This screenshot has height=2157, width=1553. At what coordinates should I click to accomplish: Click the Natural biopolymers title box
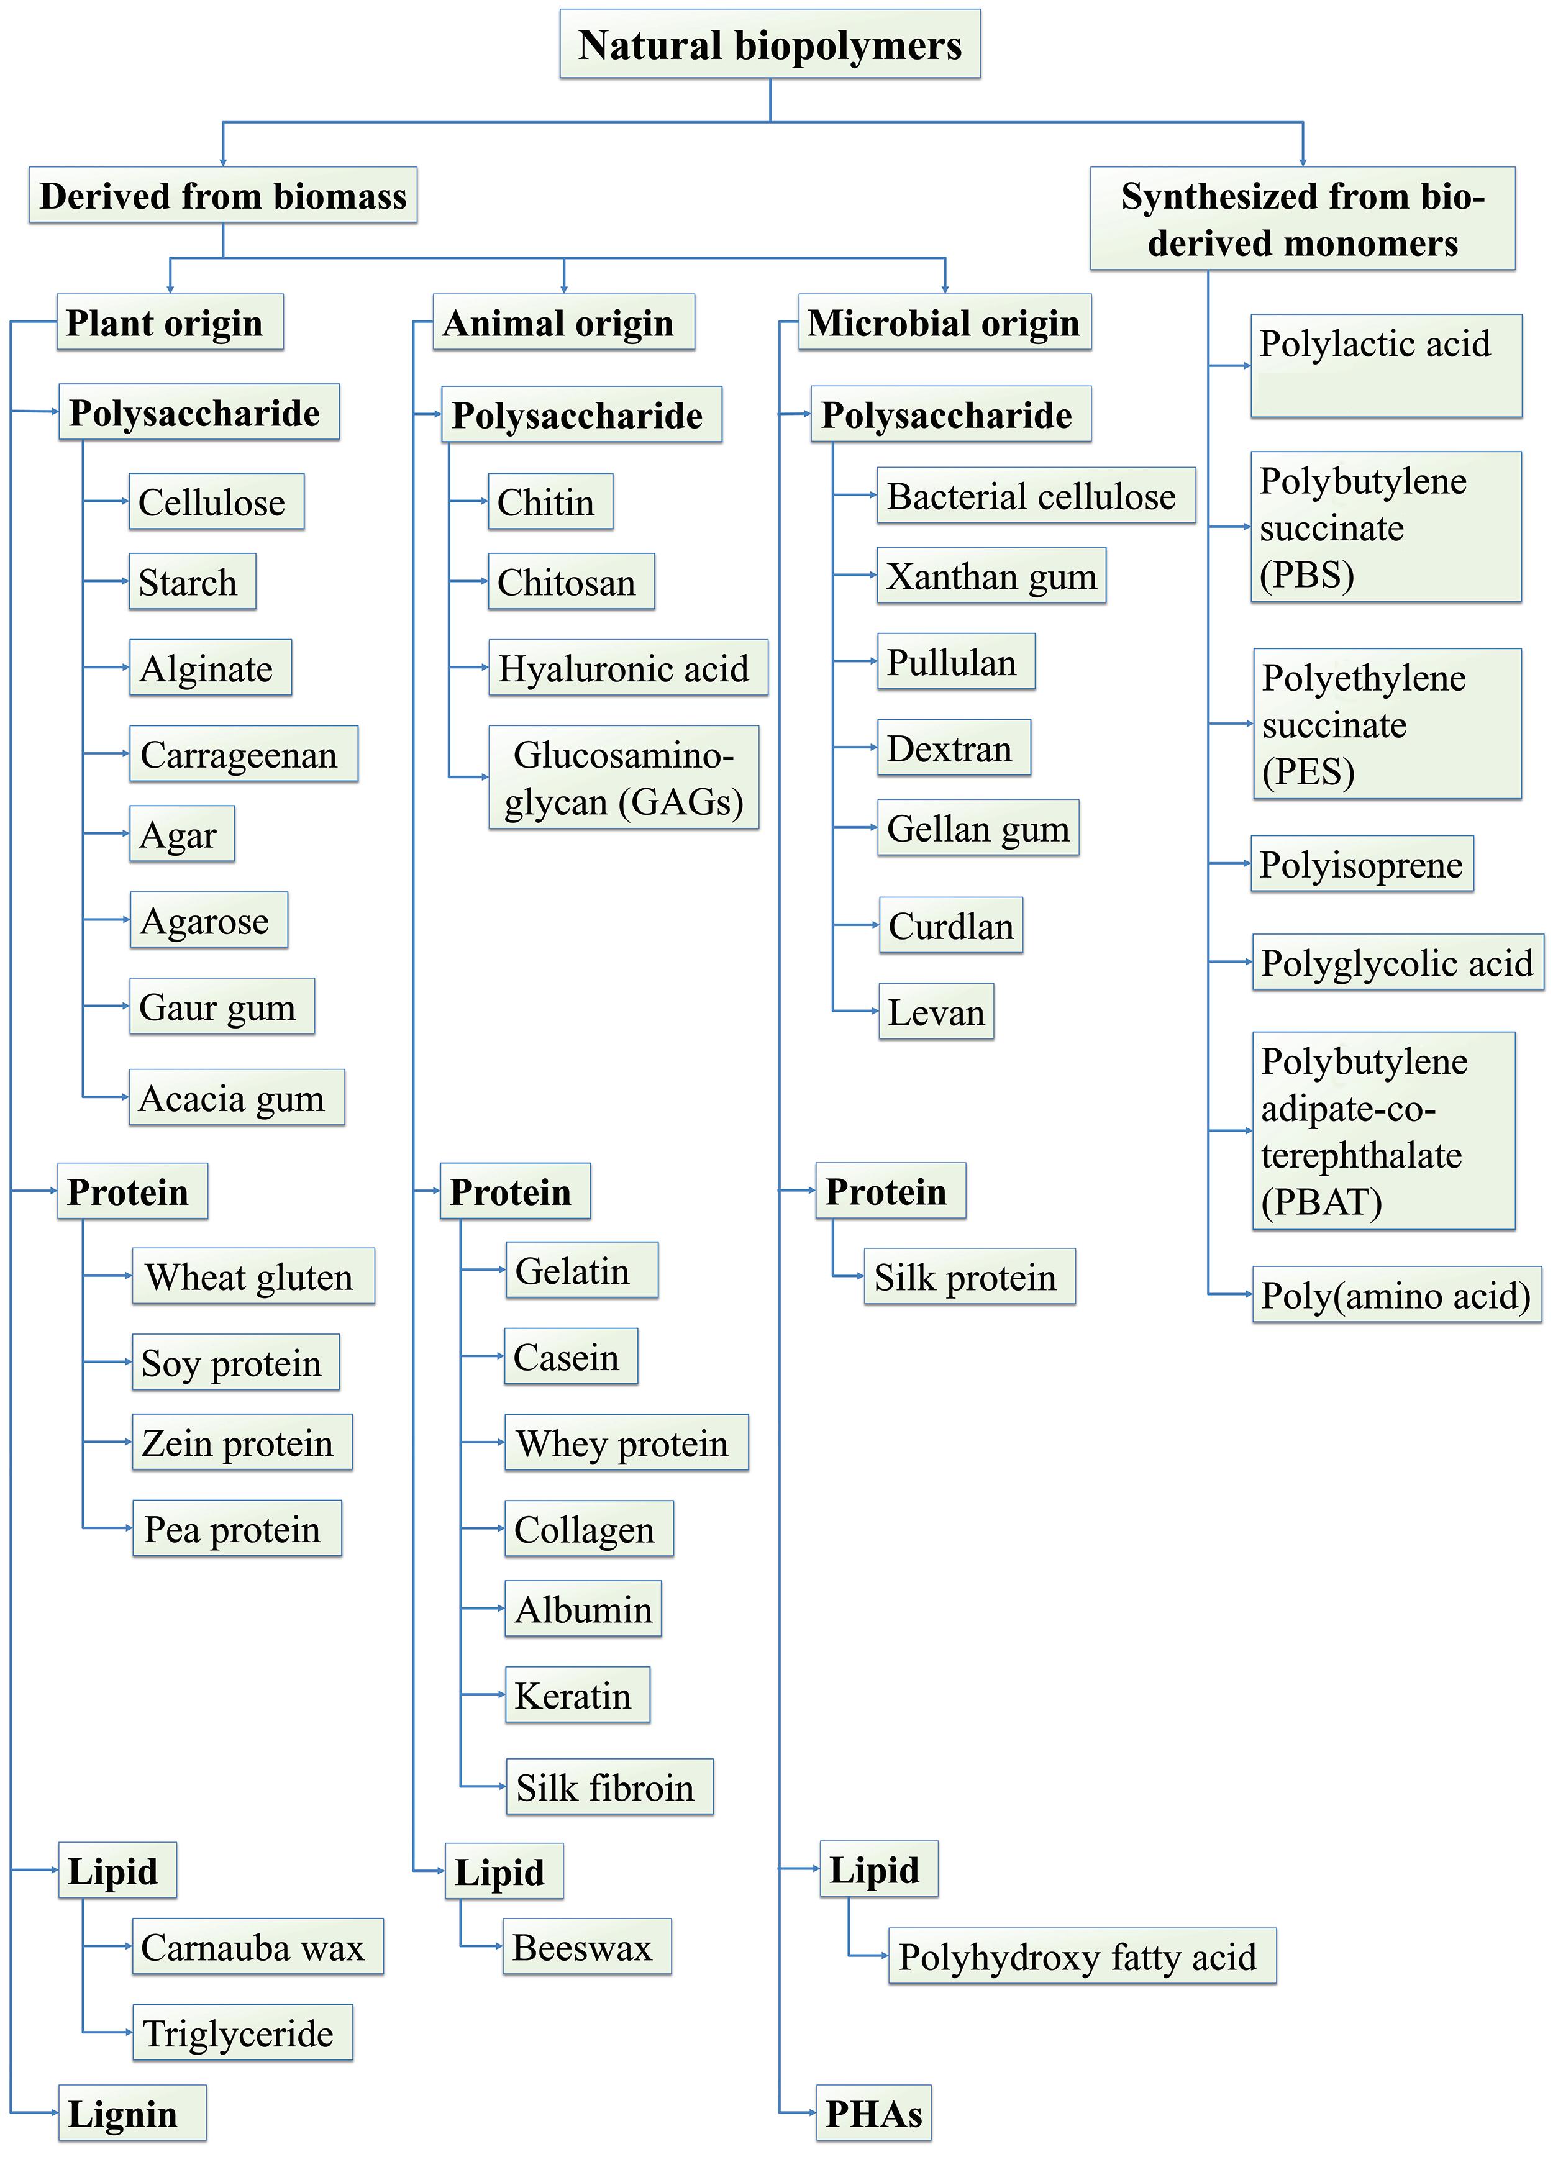pos(770,45)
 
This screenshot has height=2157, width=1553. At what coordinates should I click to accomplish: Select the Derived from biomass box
pos(222,196)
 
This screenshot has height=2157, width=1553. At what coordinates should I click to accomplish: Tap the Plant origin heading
pos(170,322)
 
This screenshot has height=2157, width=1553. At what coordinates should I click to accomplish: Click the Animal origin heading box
pos(563,322)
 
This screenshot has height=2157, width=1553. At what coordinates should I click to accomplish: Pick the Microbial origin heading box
pos(944,322)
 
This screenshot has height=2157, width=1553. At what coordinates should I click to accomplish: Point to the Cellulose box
pos(216,501)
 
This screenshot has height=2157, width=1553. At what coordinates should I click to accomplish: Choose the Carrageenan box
pos(244,754)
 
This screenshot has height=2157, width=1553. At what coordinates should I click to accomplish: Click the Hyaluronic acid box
pos(627,668)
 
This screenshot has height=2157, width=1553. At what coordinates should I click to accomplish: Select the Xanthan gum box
pos(991,575)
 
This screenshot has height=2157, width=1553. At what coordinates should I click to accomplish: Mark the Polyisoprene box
pos(1361,863)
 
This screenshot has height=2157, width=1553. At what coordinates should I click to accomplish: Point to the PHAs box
pos(873,2114)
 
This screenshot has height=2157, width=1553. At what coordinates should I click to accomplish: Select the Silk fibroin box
pos(609,1787)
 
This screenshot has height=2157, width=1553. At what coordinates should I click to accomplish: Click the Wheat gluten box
pos(253,1276)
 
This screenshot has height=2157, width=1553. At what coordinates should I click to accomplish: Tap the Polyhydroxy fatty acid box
pos(1082,1956)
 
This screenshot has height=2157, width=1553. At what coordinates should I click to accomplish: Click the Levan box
pos(936,1011)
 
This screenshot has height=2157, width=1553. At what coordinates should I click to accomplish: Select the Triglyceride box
pos(242,2032)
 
